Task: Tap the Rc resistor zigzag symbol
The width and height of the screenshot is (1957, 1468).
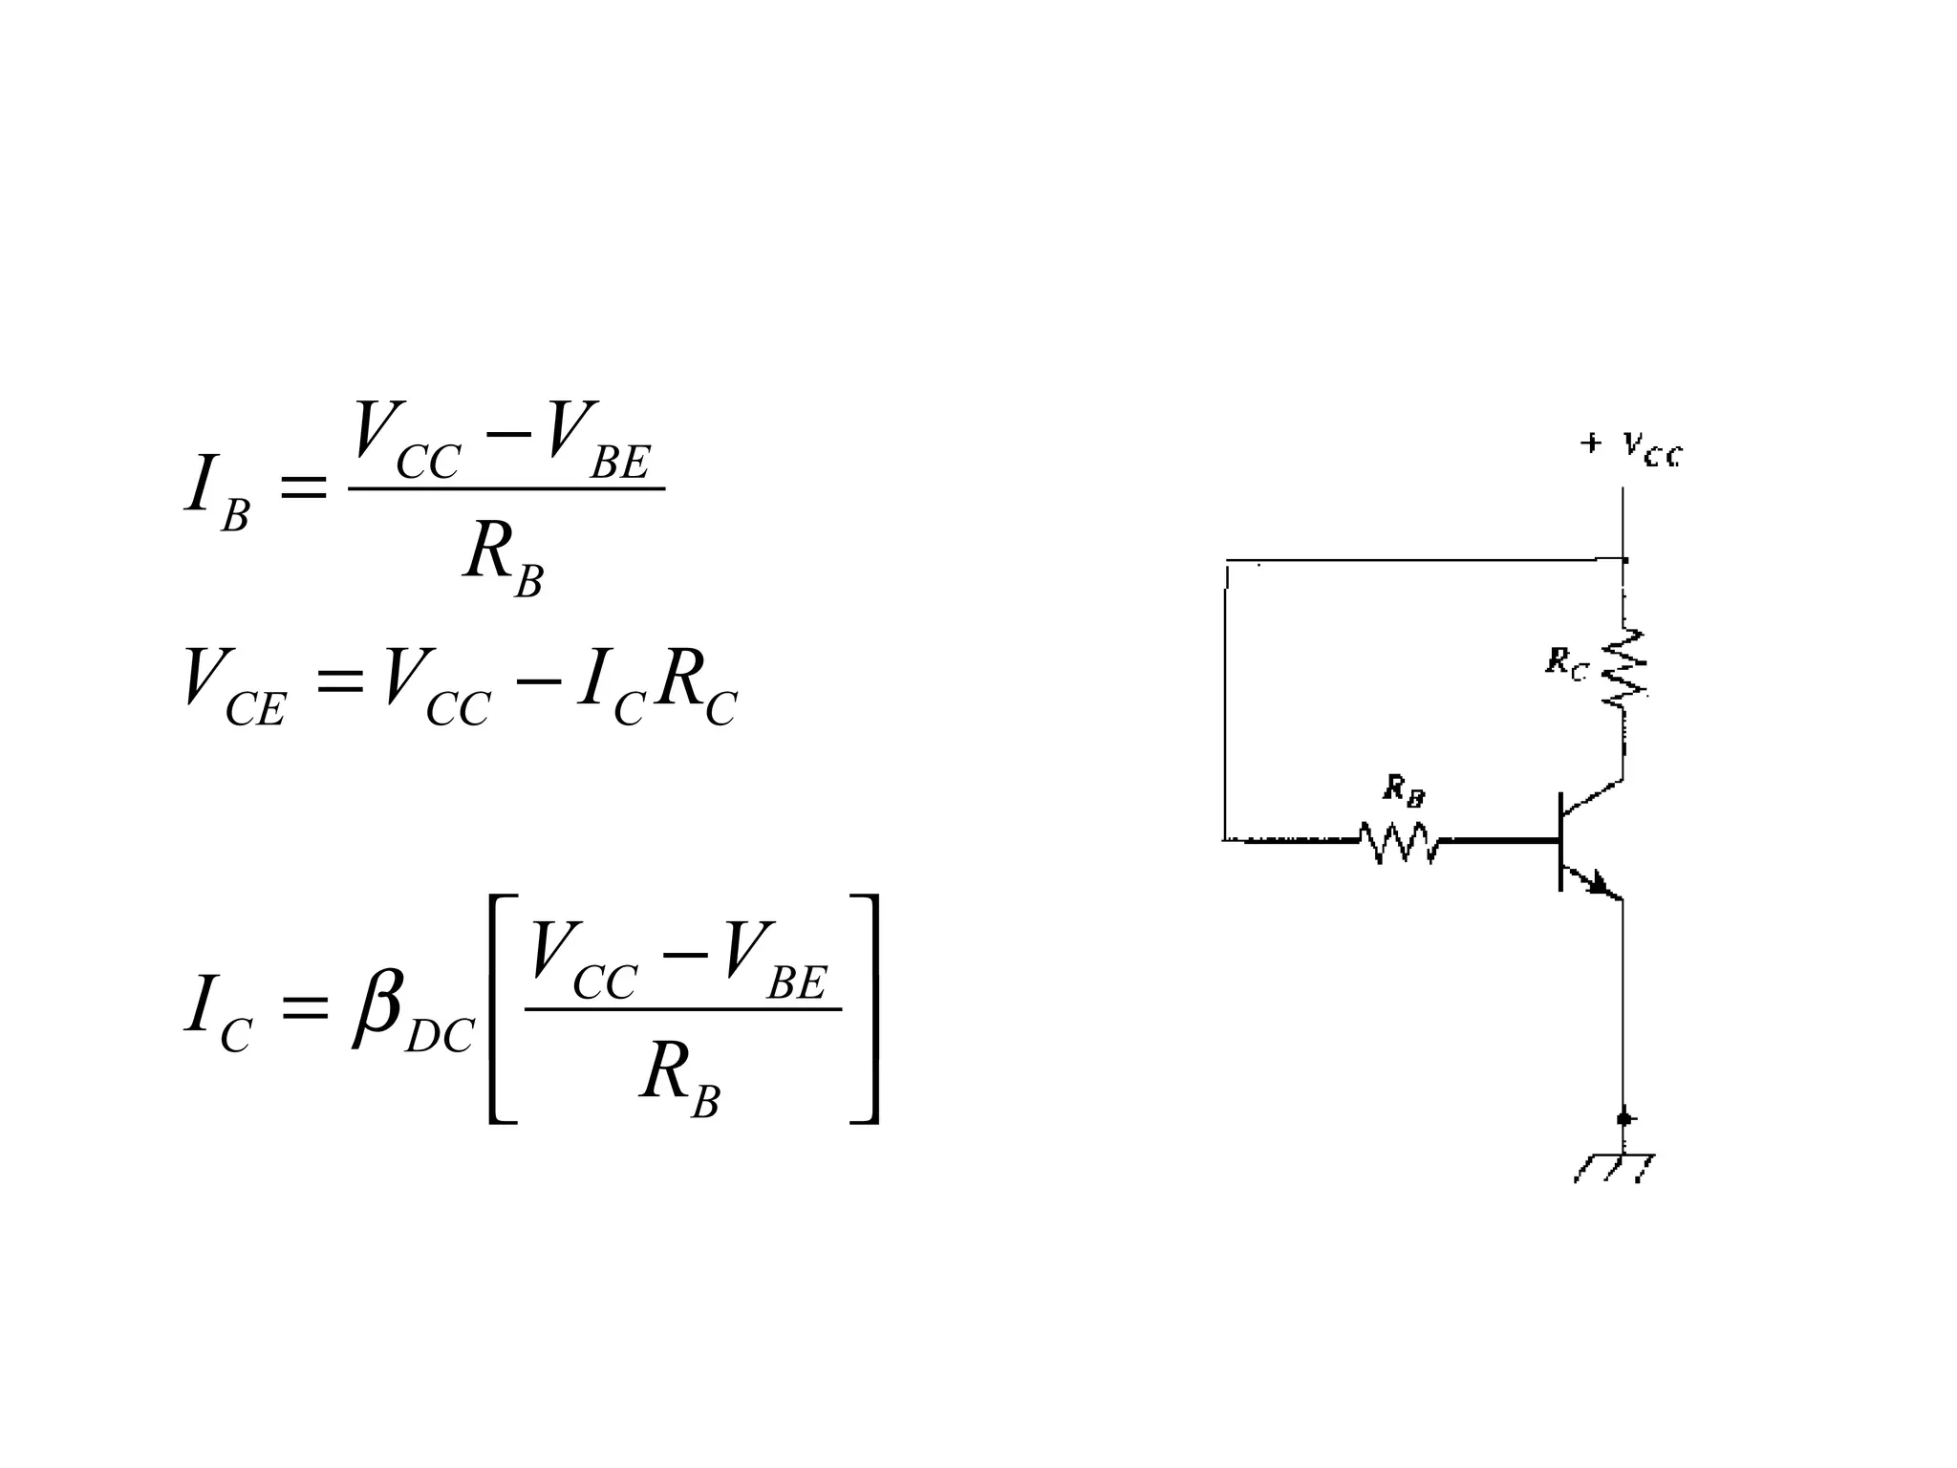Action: click(x=1624, y=668)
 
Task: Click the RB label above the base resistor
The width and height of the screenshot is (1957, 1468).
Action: click(x=1405, y=791)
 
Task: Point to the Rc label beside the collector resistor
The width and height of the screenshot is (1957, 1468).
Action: click(x=1566, y=662)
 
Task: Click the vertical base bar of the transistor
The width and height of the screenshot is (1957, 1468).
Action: click(x=1560, y=841)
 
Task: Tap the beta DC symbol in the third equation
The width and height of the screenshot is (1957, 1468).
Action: click(x=411, y=1013)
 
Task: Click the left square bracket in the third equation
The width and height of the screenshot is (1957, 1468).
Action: click(x=501, y=1009)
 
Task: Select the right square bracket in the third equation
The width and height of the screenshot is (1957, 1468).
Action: click(x=865, y=1009)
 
